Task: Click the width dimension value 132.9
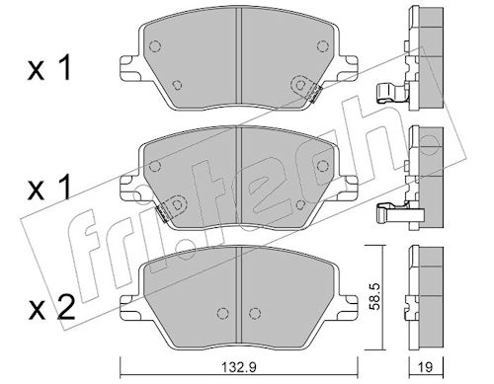point(239,366)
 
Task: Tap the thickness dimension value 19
point(425,366)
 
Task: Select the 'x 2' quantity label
point(51,309)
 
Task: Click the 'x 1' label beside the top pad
point(49,68)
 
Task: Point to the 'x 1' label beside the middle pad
point(49,188)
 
